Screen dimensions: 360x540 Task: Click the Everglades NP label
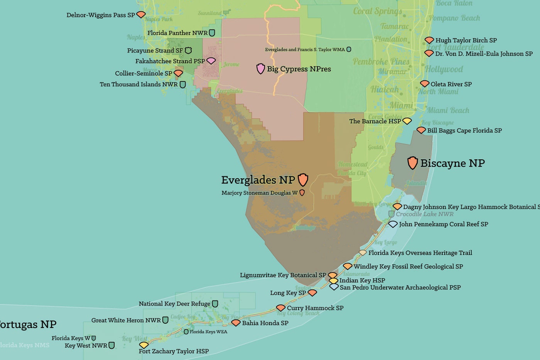tap(258, 180)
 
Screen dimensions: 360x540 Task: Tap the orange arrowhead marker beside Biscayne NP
tap(412, 163)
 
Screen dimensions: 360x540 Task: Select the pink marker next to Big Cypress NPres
tap(261, 69)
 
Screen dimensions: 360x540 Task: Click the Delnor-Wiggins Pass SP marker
tap(141, 15)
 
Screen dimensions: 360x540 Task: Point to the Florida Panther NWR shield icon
tap(212, 33)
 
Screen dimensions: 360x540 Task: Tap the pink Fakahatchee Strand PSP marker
tap(211, 61)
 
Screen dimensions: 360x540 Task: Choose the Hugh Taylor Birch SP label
tap(466, 40)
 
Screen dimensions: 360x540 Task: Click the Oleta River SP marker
tap(425, 84)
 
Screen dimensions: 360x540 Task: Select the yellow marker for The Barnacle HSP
tap(407, 121)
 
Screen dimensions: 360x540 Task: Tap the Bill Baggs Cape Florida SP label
tap(464, 130)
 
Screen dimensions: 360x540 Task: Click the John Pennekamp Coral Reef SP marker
tap(393, 224)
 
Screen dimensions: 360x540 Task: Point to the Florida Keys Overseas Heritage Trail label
tap(420, 253)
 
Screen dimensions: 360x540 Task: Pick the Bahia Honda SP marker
tap(236, 323)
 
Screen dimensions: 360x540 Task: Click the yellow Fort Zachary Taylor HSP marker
tap(143, 345)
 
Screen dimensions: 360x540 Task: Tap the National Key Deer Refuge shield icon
tap(215, 304)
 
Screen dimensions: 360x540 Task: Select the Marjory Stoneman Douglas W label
tap(259, 193)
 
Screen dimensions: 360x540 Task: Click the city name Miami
tap(401, 105)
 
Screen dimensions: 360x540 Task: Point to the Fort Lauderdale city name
tap(455, 47)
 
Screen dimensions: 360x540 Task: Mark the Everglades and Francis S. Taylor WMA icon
tap(349, 49)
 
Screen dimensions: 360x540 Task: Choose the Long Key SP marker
tap(312, 293)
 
